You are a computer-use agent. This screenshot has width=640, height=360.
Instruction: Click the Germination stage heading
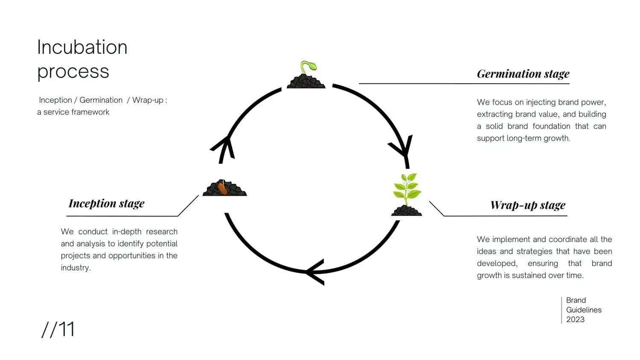(523, 74)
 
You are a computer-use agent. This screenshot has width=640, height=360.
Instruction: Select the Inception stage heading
(107, 203)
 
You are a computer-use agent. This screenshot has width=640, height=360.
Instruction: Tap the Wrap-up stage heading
(528, 205)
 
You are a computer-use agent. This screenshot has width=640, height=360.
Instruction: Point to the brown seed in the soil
(222, 188)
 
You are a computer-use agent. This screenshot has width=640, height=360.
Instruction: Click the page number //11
(58, 329)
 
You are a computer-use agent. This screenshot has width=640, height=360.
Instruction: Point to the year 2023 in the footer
(575, 319)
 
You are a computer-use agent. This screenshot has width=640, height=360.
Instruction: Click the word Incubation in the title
(82, 47)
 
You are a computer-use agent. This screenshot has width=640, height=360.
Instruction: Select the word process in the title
(73, 71)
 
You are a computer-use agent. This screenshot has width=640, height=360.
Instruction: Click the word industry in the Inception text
(75, 267)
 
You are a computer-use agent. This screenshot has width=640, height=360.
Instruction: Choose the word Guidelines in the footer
(584, 310)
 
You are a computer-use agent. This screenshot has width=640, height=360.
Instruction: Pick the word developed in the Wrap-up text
(497, 263)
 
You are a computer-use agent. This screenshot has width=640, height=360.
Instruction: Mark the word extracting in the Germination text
(494, 114)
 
